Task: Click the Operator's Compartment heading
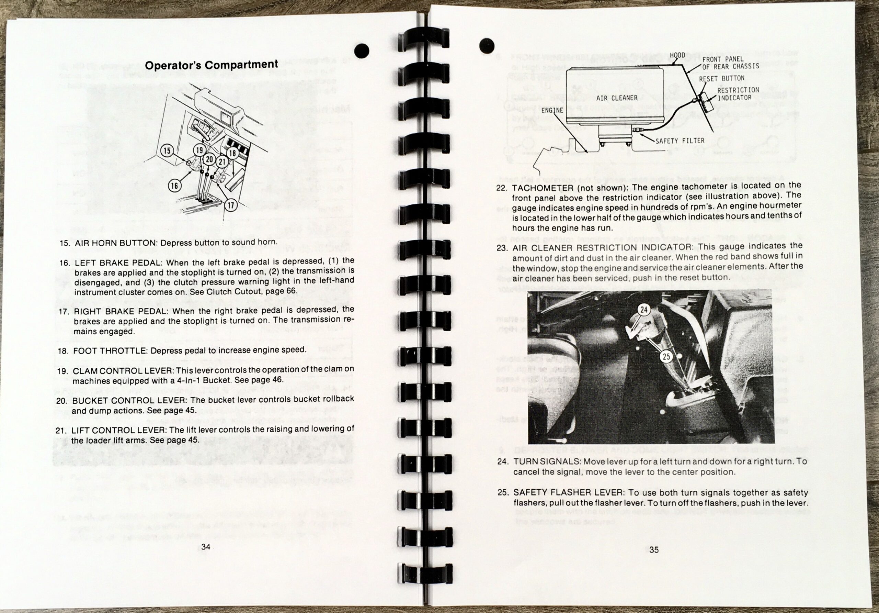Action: tap(211, 65)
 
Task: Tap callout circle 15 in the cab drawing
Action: tap(167, 151)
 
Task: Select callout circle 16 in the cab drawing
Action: tap(174, 186)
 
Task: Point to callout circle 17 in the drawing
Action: tap(231, 205)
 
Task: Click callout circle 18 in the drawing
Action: tap(232, 153)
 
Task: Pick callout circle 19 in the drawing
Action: tap(199, 150)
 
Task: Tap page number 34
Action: tap(206, 547)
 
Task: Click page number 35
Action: tap(654, 550)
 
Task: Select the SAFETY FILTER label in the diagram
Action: tap(680, 141)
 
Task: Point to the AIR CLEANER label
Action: tap(617, 98)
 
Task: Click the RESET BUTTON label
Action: tap(721, 79)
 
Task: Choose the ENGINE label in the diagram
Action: tap(552, 110)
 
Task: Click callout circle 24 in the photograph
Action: tap(644, 309)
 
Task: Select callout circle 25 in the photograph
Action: tap(666, 357)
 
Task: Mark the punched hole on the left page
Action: tap(362, 51)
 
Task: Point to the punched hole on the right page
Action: tap(487, 46)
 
